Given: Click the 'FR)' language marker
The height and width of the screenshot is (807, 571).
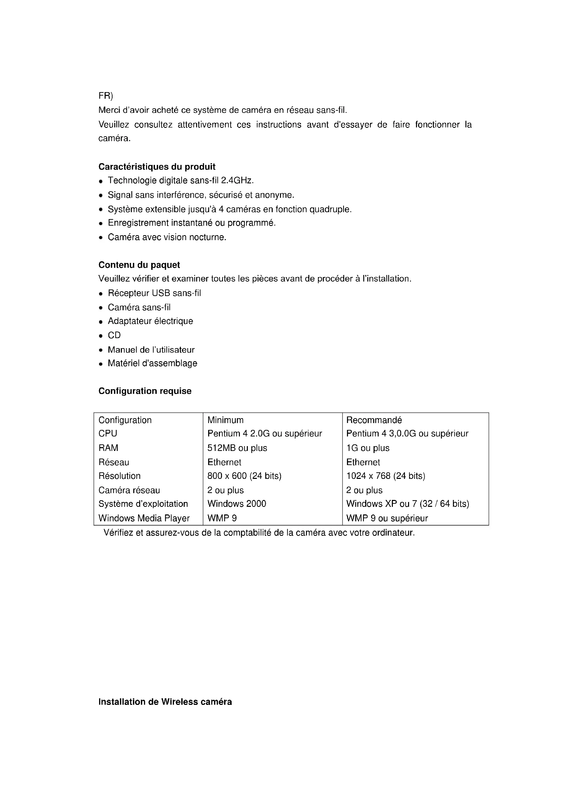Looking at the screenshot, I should coord(106,96).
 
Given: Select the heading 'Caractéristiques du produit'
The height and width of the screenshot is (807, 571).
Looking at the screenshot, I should coord(157,167).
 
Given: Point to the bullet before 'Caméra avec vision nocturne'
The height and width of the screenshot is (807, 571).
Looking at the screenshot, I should coord(101,238).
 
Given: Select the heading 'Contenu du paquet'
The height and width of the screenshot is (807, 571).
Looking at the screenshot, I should coord(139,265).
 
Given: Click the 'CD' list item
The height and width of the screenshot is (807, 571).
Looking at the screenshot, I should coord(114,335).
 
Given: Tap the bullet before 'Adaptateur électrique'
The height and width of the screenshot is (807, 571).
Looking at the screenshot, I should coord(101,322).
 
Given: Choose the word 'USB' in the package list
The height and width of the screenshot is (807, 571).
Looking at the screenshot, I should coord(161,293).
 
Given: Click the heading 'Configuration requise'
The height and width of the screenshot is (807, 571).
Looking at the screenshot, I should coord(145,391).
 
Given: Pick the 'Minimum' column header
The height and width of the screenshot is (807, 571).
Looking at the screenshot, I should coord(225,420).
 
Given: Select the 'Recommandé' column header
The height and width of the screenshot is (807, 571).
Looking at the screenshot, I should coord(374,420).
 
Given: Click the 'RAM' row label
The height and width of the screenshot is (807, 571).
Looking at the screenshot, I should coord(108,448).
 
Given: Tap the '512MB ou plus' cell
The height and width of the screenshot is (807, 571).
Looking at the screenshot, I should coord(237,448).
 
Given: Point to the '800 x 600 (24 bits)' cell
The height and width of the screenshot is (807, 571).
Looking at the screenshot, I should coord(244,476).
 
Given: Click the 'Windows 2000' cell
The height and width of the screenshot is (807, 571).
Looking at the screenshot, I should coord(236,504).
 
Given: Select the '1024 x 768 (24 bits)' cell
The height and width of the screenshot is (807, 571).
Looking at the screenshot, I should coord(386,476).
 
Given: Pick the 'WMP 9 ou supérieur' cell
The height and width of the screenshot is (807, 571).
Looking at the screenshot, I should coord(387,518).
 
